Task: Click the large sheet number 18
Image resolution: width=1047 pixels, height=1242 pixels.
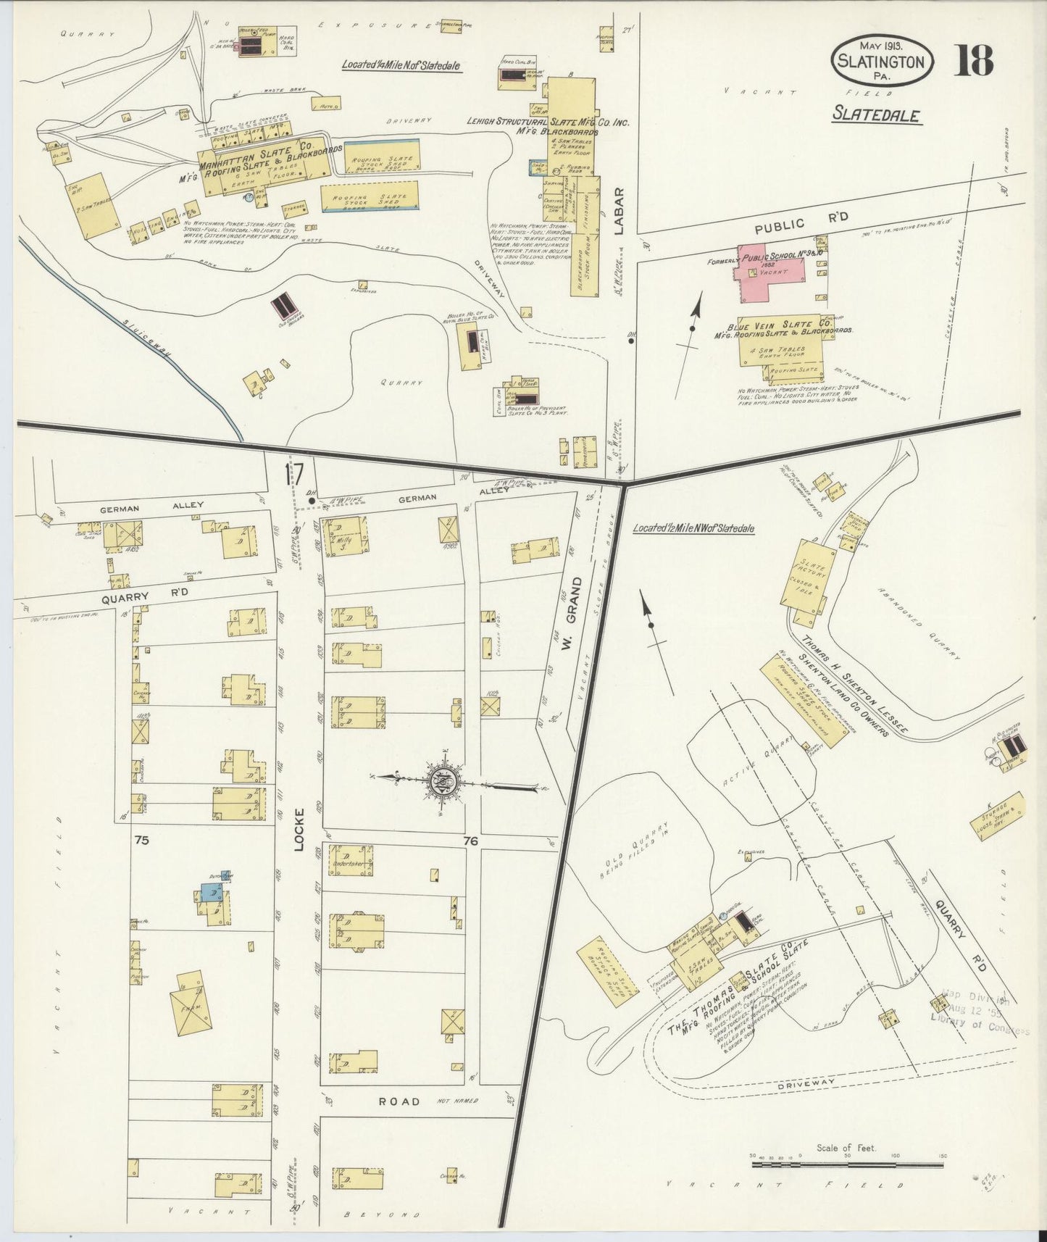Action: [x=972, y=61]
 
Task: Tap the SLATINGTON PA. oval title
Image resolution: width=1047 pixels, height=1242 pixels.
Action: [x=882, y=61]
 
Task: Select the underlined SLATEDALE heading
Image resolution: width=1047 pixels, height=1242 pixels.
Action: [x=876, y=114]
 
